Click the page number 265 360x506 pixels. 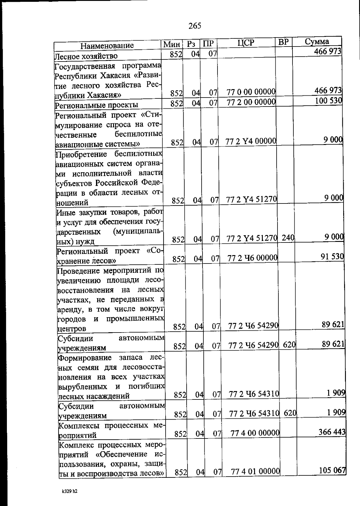click(195, 26)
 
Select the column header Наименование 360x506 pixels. click(107, 46)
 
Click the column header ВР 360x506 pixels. click(283, 42)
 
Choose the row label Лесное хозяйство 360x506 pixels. click(86, 56)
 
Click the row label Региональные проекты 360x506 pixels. click(96, 105)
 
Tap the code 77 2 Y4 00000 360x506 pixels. click(251, 141)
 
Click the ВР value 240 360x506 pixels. click(288, 238)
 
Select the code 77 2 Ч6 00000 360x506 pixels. click(252, 258)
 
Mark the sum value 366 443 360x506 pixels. click(332, 432)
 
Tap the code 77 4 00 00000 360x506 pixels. click(255, 433)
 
